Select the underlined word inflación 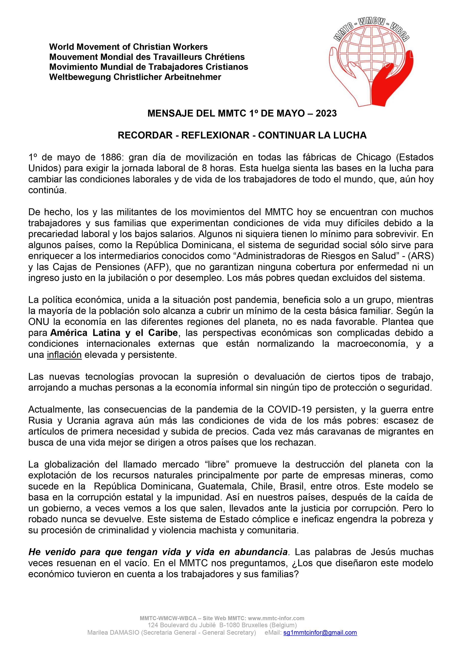click(64, 355)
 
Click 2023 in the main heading click(326, 113)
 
